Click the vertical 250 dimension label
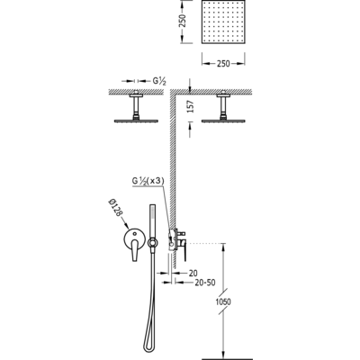pyautogui.click(x=183, y=21)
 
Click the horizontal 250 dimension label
pyautogui.click(x=223, y=64)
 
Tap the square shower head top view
pyautogui.click(x=223, y=22)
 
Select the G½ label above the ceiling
pyautogui.click(x=159, y=81)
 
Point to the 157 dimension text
pyautogui.click(x=190, y=106)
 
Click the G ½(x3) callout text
pyautogui.click(x=148, y=181)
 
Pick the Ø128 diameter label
pyautogui.click(x=115, y=207)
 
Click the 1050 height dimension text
pyautogui.click(x=223, y=301)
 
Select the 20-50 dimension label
pyautogui.click(x=205, y=283)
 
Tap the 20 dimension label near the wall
pyautogui.click(x=193, y=273)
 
